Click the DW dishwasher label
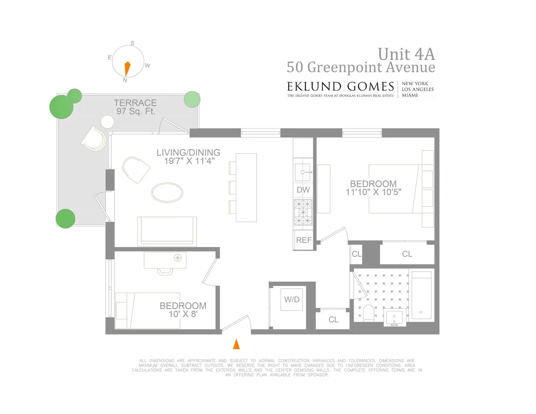tap(303, 189)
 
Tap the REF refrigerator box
tap(304, 240)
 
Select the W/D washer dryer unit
tap(292, 300)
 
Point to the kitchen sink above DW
tap(303, 171)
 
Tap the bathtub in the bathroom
tap(422, 295)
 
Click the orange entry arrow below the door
tap(237, 344)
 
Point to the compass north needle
tap(127, 68)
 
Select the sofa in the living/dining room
tap(167, 230)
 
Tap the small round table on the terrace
tap(108, 121)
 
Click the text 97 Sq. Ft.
tap(136, 112)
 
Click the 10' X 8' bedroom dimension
tap(183, 314)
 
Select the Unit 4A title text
tap(406, 54)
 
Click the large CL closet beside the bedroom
tap(407, 254)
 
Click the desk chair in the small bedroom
tap(165, 271)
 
